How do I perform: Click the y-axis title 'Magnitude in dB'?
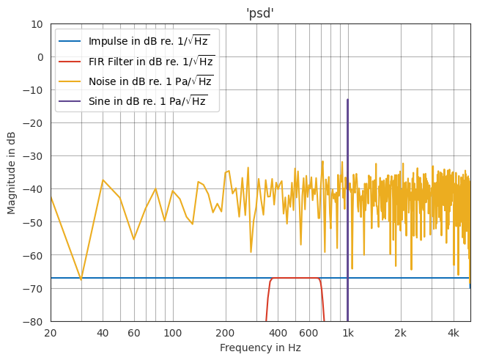coord(12,172)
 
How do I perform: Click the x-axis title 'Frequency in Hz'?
coord(260,348)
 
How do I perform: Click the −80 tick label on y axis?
coord(34,322)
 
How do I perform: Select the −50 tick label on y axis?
coord(34,223)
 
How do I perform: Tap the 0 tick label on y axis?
coord(40,57)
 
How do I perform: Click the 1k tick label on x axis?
coord(348,333)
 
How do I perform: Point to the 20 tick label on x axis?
coord(51,333)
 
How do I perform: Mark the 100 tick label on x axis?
coord(173,333)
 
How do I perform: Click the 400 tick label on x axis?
coord(278,333)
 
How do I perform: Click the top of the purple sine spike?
coord(347,100)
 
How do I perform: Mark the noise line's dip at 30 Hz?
coord(81,279)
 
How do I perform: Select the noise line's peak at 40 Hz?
coord(103,180)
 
